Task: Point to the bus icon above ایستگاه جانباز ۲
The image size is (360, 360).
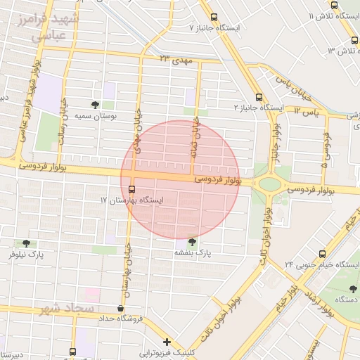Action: (x=259, y=97)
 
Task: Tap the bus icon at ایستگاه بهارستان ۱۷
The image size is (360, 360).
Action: (x=131, y=188)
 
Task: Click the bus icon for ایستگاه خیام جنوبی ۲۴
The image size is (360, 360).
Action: (x=322, y=254)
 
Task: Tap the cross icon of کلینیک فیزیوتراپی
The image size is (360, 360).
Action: (x=167, y=342)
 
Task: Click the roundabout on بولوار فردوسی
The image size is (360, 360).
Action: (x=269, y=185)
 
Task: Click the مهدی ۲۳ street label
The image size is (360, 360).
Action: (x=176, y=59)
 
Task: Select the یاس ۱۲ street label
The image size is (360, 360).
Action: (x=305, y=111)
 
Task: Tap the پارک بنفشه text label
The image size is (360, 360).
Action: (x=193, y=252)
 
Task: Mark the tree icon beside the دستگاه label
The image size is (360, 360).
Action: (x=352, y=288)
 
